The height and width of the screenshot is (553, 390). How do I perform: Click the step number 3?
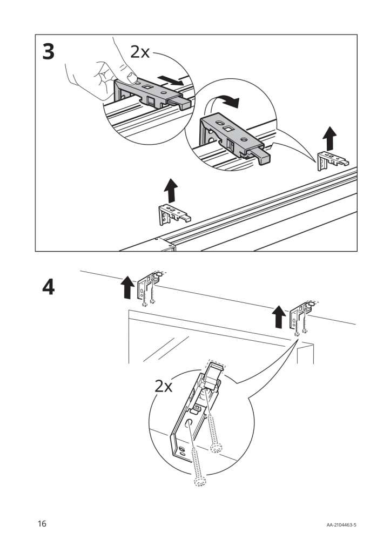(x=48, y=52)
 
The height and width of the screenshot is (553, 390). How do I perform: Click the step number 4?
(x=48, y=288)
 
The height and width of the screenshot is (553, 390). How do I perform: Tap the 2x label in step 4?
(x=163, y=386)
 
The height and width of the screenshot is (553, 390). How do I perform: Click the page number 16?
(x=42, y=523)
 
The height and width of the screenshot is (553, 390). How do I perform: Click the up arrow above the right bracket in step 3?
(x=329, y=139)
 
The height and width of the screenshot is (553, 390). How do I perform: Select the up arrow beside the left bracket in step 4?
(x=127, y=287)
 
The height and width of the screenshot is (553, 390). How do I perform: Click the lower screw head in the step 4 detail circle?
(x=198, y=480)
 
